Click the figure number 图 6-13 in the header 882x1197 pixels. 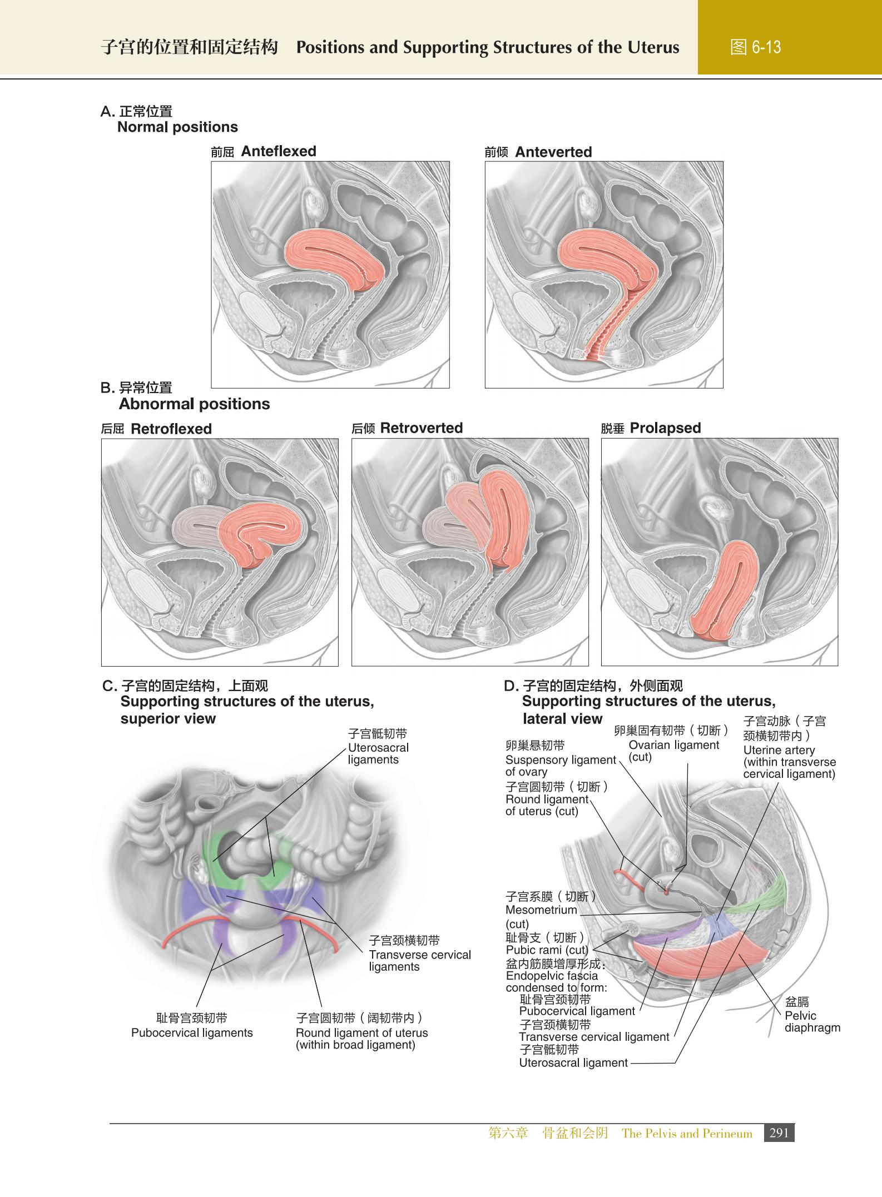coord(755,47)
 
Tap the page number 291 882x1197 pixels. coord(779,1133)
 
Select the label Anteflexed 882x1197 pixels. coord(278,151)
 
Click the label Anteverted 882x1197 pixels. coord(553,152)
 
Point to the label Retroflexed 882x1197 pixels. coord(171,429)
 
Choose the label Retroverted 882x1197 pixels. coord(422,428)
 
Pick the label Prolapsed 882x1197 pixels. coord(665,428)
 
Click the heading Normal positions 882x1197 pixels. coord(177,127)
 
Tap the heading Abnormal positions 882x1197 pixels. coord(194,404)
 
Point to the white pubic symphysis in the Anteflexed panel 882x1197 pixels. coord(260,314)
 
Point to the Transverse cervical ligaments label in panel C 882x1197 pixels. coord(419,955)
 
